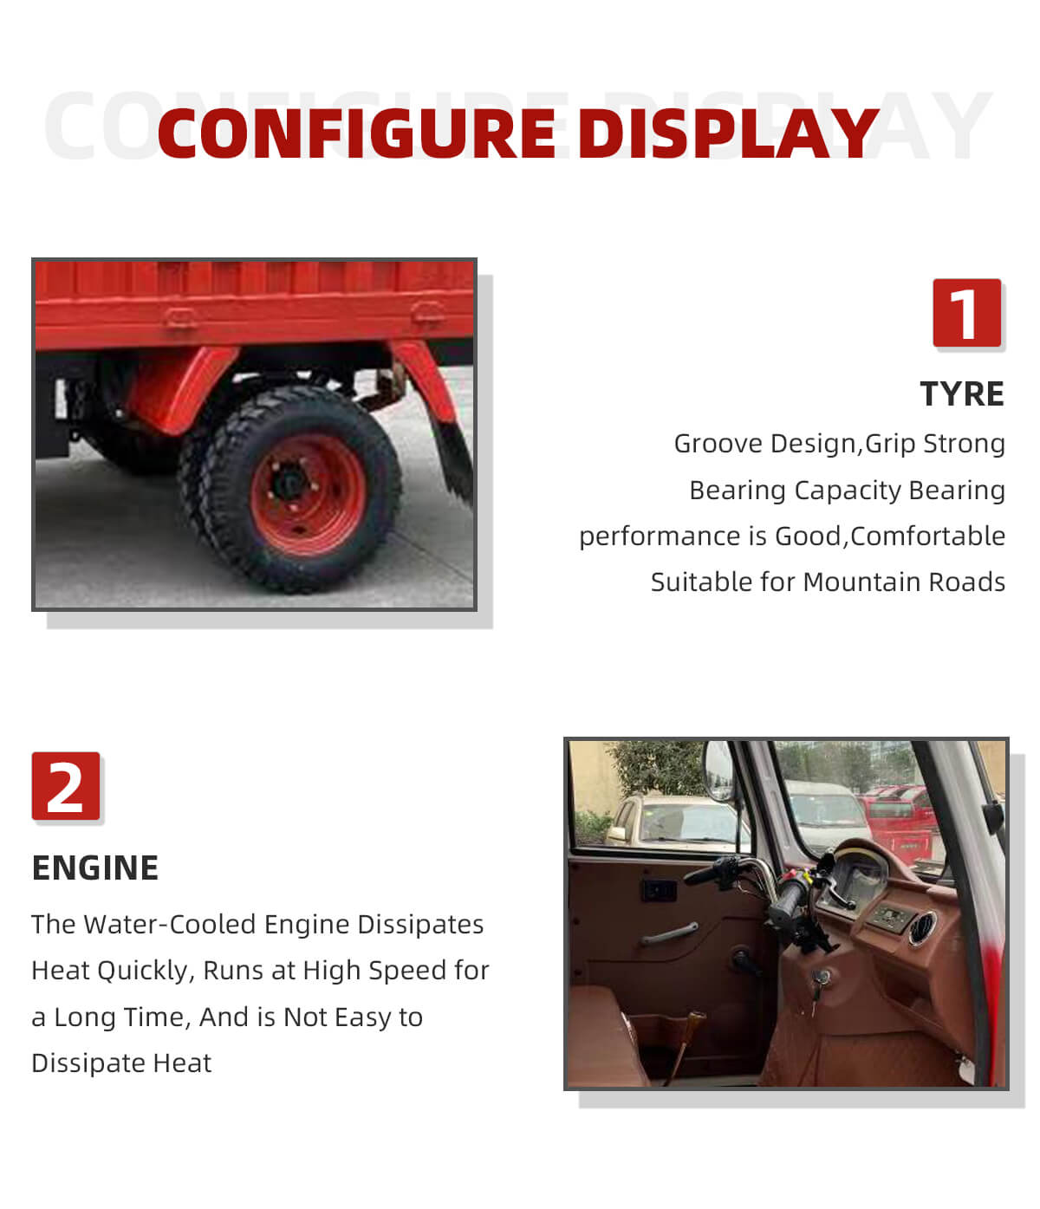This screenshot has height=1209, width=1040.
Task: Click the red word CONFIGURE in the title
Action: tap(356, 133)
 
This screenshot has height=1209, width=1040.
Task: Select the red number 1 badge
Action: tap(966, 312)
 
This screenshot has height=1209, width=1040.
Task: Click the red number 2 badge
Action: tap(66, 785)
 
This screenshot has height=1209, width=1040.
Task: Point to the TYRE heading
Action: tap(962, 393)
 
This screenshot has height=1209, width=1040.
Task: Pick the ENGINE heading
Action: tap(95, 868)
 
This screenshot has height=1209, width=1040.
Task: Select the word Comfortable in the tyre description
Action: tap(927, 536)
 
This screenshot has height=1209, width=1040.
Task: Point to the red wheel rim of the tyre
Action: tap(308, 494)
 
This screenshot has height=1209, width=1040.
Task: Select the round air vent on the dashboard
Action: tap(922, 927)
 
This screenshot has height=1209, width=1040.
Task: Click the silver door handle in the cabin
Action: tap(669, 933)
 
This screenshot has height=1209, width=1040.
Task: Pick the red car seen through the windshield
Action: tap(899, 822)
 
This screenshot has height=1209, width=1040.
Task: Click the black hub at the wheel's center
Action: tap(289, 482)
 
